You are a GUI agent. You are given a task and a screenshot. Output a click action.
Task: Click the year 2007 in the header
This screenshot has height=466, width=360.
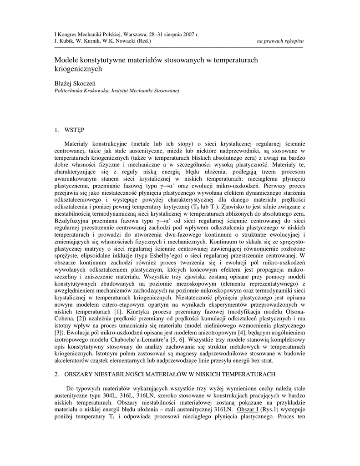pyautogui.click(x=186, y=35)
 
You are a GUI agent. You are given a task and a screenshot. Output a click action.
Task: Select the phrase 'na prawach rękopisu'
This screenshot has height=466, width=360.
pyautogui.click(x=280, y=41)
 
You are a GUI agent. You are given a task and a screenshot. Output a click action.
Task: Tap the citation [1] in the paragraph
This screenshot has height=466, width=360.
pyautogui.click(x=117, y=311)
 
